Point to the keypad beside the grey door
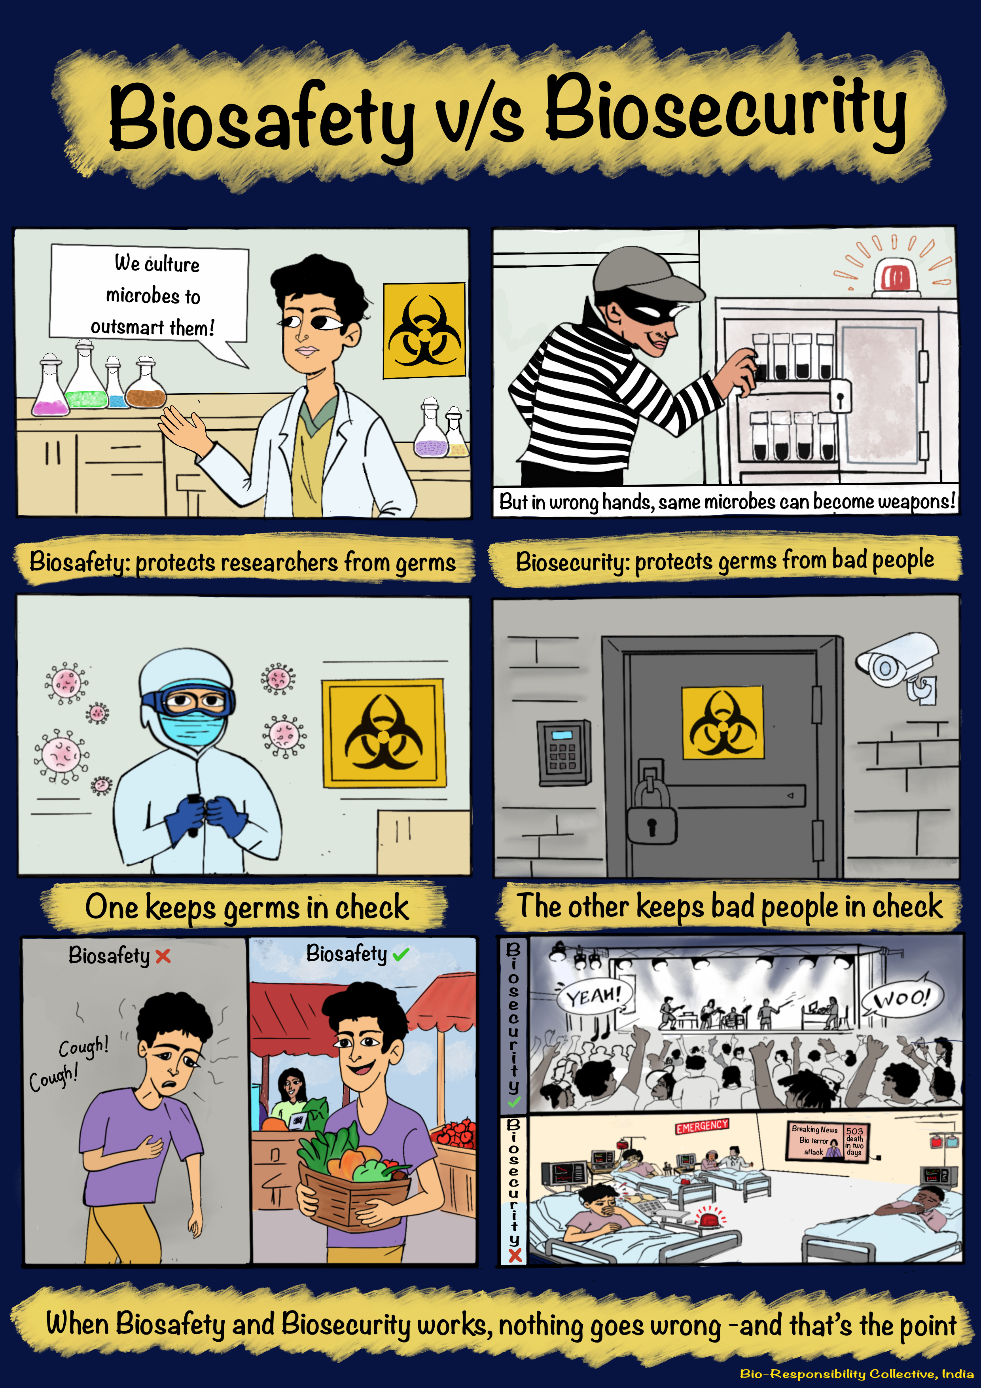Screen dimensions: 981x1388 pos(563,752)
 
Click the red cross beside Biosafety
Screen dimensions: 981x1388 pos(163,956)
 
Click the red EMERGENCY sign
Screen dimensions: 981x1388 pos(702,1126)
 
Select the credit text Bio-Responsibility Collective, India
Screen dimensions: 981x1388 pos(856,1373)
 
